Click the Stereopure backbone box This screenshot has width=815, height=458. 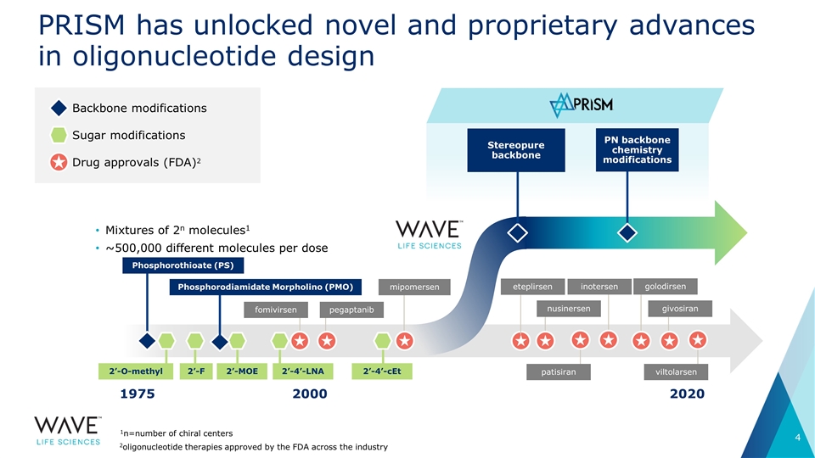click(x=516, y=150)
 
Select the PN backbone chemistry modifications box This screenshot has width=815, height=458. click(x=637, y=150)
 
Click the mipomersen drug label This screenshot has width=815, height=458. click(x=414, y=288)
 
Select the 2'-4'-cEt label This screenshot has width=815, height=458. click(x=382, y=371)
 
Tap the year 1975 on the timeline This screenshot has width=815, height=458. click(x=139, y=394)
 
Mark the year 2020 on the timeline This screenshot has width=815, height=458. click(x=685, y=394)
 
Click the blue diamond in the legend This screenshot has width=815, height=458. click(x=59, y=109)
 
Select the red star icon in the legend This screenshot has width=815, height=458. click(x=59, y=162)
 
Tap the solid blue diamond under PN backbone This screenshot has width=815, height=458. click(x=628, y=232)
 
